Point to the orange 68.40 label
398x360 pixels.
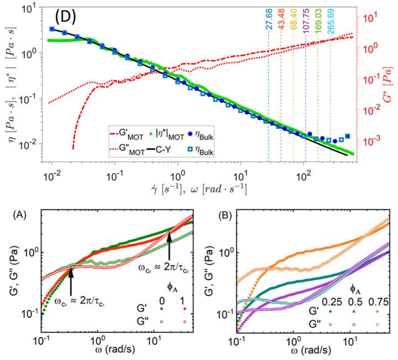[x=294, y=35]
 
